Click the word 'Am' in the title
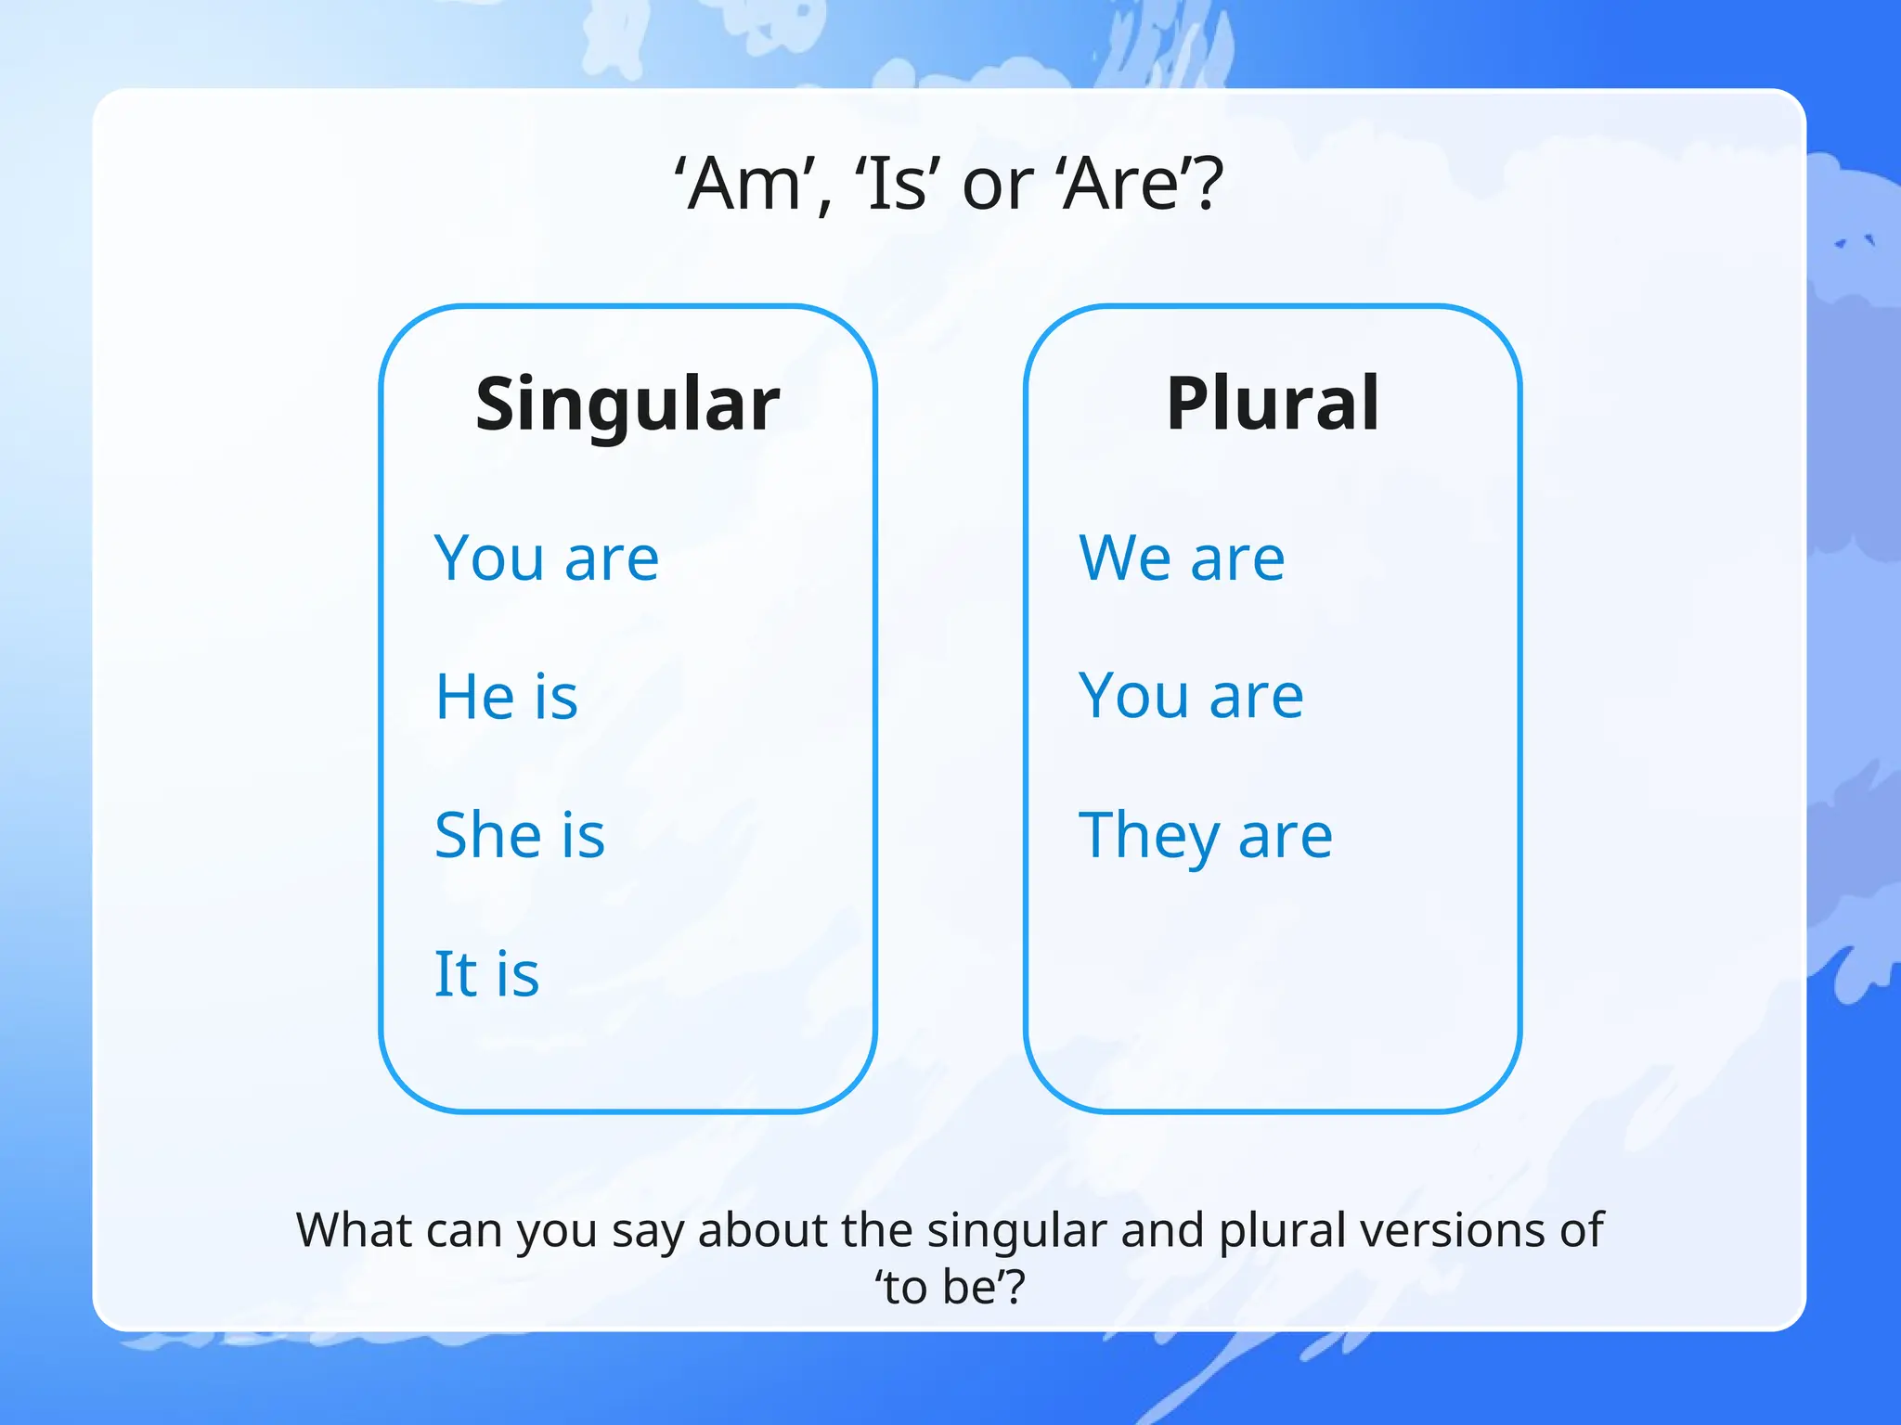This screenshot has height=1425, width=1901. click(x=743, y=184)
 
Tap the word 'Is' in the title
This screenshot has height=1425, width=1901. click(x=896, y=184)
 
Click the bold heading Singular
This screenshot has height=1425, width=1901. click(x=627, y=404)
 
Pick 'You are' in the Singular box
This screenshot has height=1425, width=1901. click(x=547, y=558)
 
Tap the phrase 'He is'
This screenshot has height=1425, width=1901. click(x=507, y=696)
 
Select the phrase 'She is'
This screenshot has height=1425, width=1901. click(x=520, y=834)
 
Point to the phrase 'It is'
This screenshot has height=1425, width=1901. click(x=486, y=973)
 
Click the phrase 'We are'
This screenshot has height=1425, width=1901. click(x=1182, y=558)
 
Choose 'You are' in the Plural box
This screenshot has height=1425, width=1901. click(x=1191, y=696)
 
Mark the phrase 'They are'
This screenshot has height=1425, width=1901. click(x=1205, y=836)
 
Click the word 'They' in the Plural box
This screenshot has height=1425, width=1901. click(x=1148, y=836)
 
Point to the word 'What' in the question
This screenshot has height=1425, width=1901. click(x=355, y=1230)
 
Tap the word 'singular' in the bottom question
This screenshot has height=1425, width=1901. click(x=1016, y=1230)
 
